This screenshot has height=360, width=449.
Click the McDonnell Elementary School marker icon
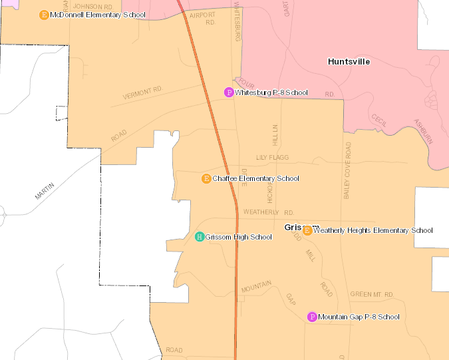point(44,15)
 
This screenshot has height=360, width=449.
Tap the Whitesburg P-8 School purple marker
point(229,92)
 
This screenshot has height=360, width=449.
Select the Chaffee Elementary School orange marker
point(206,178)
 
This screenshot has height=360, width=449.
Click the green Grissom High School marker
point(200,237)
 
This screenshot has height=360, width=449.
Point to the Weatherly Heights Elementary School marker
point(307,230)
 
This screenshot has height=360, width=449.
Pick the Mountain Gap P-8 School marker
point(312,317)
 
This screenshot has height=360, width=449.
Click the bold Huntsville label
point(349,61)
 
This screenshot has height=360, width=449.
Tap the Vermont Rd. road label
point(142,93)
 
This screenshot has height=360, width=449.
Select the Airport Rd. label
point(203,19)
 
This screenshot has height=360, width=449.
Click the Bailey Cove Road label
point(347,169)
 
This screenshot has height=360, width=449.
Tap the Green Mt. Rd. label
point(372,294)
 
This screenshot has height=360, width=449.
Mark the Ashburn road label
point(423,132)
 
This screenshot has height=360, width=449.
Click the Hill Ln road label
point(274,135)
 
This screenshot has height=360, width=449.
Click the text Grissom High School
point(238,237)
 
